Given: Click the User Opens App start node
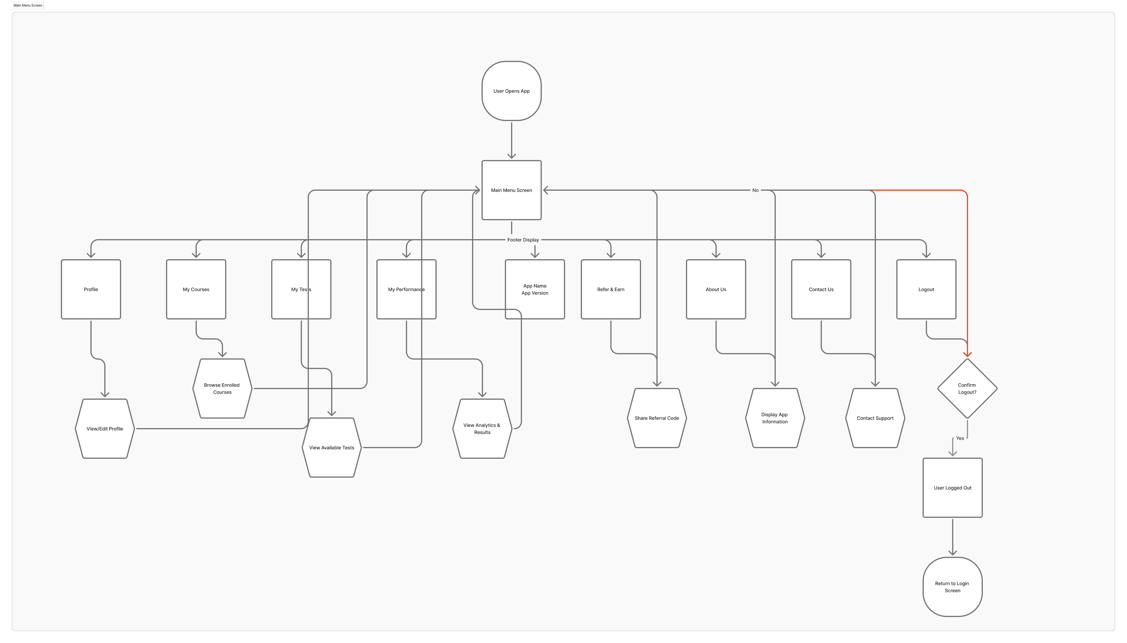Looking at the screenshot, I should point(511,91).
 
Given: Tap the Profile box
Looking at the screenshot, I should point(91,289).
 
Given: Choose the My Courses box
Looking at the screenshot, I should point(196,289).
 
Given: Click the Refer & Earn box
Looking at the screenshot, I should point(611,289).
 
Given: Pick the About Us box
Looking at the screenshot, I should point(716,289).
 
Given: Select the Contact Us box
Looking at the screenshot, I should point(821,289).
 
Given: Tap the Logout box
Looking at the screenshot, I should point(926,289).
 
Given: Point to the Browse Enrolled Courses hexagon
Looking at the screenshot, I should point(222,389).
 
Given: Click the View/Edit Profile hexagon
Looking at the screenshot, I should point(105,429).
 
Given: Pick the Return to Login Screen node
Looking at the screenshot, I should point(952,587).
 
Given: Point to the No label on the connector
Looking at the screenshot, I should point(755,190).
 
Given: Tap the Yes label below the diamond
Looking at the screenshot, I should point(960,438).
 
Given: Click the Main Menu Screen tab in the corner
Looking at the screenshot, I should point(28,5).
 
